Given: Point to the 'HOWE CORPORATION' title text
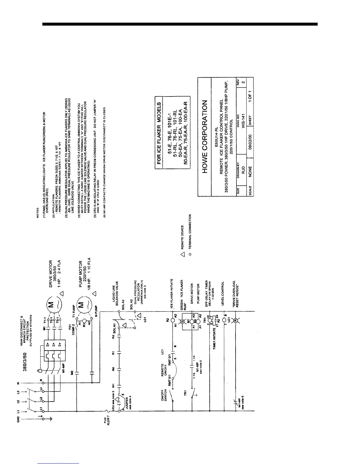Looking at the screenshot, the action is point(205,137).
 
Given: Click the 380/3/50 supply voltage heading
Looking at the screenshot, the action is point(25,362).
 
